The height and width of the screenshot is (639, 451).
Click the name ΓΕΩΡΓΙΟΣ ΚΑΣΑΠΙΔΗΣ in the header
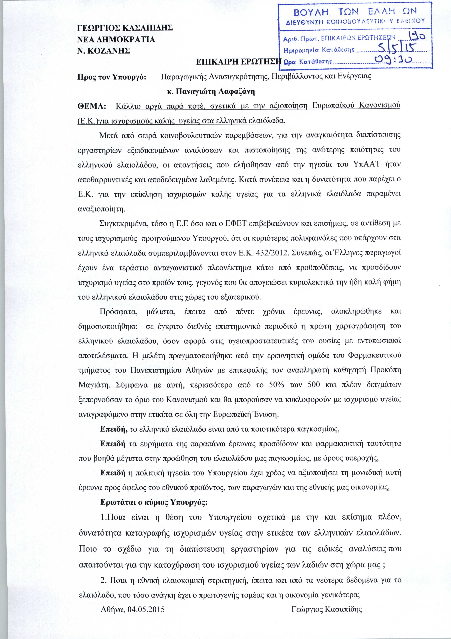click(x=125, y=28)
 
